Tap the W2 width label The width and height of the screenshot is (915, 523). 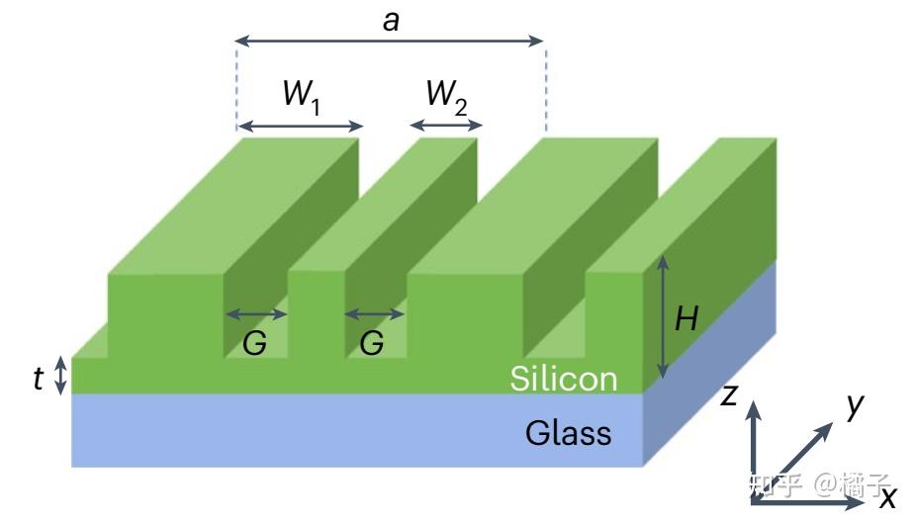[x=446, y=96]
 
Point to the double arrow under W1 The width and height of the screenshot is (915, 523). [x=301, y=126]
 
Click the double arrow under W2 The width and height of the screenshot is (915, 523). [x=446, y=126]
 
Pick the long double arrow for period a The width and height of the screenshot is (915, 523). [x=390, y=42]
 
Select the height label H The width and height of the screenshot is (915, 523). [x=686, y=318]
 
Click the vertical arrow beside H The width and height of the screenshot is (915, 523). [x=663, y=316]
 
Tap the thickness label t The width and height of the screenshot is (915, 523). [x=39, y=377]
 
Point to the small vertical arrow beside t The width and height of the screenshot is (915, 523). [x=61, y=376]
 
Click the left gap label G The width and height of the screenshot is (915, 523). [x=254, y=344]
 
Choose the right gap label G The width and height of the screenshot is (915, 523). [x=372, y=344]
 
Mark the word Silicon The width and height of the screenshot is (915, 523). [x=563, y=379]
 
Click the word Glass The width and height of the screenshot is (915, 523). [x=568, y=432]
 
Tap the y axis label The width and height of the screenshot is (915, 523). [x=856, y=404]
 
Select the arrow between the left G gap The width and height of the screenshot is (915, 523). [x=256, y=314]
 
